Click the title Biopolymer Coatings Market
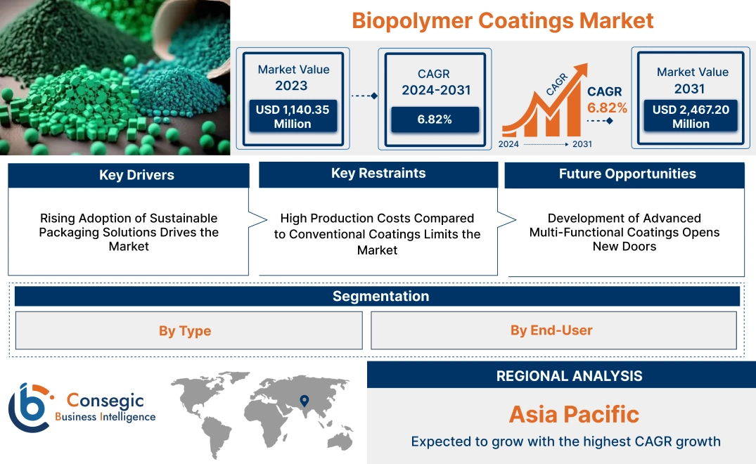502,20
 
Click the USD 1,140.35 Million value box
293,117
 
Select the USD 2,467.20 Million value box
691,117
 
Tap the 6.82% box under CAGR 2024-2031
434,119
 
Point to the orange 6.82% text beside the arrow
607,108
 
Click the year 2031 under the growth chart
582,144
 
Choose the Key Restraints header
378,174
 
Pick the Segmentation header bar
380,296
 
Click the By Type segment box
185,330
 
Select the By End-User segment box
551,330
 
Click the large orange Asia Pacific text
574,414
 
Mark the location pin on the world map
305,401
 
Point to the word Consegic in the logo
105,401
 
